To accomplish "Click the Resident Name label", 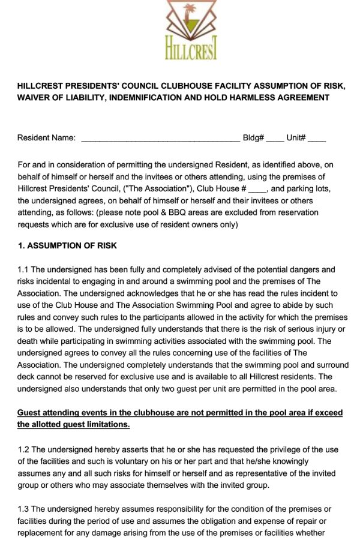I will tap(46, 138).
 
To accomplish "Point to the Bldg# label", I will tap(253, 138).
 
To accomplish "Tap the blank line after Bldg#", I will tap(275, 139).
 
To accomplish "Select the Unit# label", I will tap(296, 138).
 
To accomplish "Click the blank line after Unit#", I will tap(317, 139).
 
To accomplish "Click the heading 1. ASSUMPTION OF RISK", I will tap(67, 246).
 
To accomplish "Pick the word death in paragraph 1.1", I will tap(29, 341).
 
